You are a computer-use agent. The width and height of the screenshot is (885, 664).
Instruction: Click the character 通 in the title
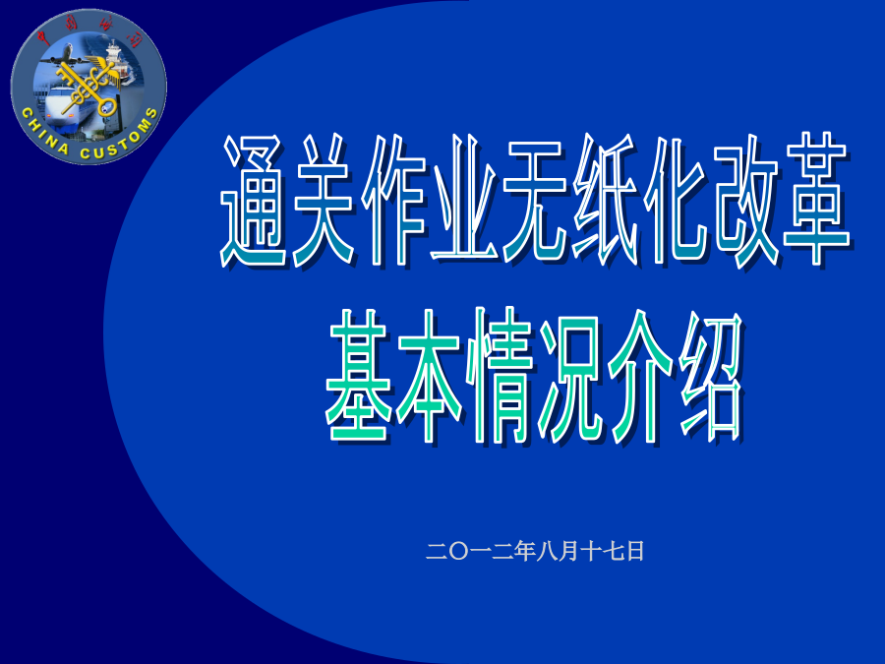[x=253, y=201]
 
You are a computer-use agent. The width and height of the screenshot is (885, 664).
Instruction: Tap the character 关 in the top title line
[x=323, y=201]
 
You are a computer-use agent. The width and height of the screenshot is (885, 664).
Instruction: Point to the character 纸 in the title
[x=606, y=201]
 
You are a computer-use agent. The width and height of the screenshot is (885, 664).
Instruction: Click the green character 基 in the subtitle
[x=358, y=376]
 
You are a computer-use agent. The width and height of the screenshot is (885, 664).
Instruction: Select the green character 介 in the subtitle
[x=640, y=377]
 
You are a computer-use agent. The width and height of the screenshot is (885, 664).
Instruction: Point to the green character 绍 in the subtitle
[x=711, y=377]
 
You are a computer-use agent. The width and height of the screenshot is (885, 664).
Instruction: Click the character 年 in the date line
[x=524, y=551]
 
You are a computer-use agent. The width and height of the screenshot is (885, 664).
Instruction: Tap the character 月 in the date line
[x=568, y=551]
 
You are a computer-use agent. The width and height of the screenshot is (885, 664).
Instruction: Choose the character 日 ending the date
[x=635, y=551]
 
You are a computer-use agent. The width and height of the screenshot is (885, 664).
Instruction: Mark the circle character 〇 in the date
[x=459, y=552]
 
